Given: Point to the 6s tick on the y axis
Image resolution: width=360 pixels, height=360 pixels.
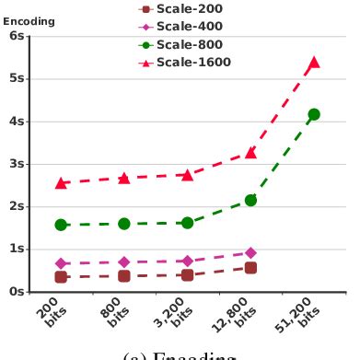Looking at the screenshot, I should click(16, 36).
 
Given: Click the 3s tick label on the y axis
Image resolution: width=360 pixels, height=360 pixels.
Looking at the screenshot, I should click(16, 164).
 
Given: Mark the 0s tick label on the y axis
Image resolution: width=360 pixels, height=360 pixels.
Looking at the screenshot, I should click(16, 291).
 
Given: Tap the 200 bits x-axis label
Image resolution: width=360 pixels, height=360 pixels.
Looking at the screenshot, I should click(54, 313).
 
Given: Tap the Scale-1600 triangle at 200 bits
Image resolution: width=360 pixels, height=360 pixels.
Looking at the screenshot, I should click(61, 183).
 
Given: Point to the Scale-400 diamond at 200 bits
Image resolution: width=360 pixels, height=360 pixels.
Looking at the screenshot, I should click(61, 263).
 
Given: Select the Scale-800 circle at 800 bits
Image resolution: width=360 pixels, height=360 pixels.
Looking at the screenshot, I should click(123, 224).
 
